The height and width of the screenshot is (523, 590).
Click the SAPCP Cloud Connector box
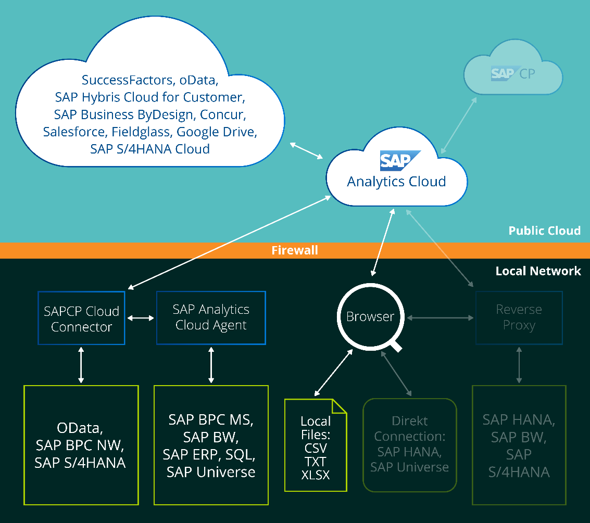click(81, 318)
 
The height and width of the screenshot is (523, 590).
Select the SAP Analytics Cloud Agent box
click(211, 317)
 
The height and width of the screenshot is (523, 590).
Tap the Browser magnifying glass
click(370, 316)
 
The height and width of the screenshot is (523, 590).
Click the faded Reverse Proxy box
click(519, 317)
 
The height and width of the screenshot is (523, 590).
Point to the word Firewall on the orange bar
click(295, 250)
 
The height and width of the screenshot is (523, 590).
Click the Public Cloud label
click(544, 231)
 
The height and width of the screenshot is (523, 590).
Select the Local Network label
click(538, 271)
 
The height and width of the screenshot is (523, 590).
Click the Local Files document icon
click(316, 445)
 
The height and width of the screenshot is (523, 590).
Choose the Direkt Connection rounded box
click(409, 444)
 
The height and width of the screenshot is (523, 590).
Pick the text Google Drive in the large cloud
click(217, 132)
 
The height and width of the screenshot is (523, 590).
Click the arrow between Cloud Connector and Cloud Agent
click(141, 318)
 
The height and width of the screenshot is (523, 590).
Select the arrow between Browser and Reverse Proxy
click(440, 316)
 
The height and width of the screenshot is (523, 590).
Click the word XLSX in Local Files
click(316, 475)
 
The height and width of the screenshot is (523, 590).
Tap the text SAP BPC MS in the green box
click(211, 419)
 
